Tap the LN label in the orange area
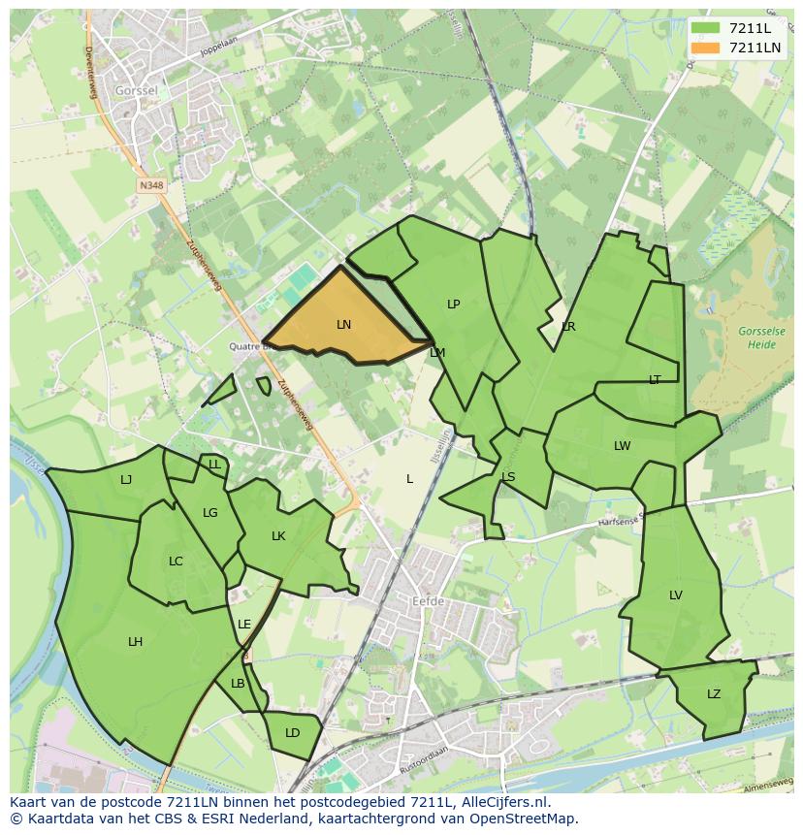pyautogui.click(x=343, y=325)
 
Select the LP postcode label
pyautogui.click(x=453, y=305)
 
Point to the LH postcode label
pyautogui.click(x=135, y=642)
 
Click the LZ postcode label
pyautogui.click(x=714, y=694)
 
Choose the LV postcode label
pyautogui.click(x=676, y=595)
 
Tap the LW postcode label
pyautogui.click(x=622, y=446)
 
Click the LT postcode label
pyautogui.click(x=655, y=380)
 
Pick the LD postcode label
pyautogui.click(x=293, y=733)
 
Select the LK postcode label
pyautogui.click(x=278, y=536)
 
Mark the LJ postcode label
pyautogui.click(x=126, y=479)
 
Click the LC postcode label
pyautogui.click(x=176, y=562)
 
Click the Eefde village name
pyautogui.click(x=428, y=601)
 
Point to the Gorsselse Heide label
pyautogui.click(x=761, y=337)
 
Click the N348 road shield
pyautogui.click(x=150, y=184)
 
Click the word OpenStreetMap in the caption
pyautogui.click(x=530, y=819)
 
